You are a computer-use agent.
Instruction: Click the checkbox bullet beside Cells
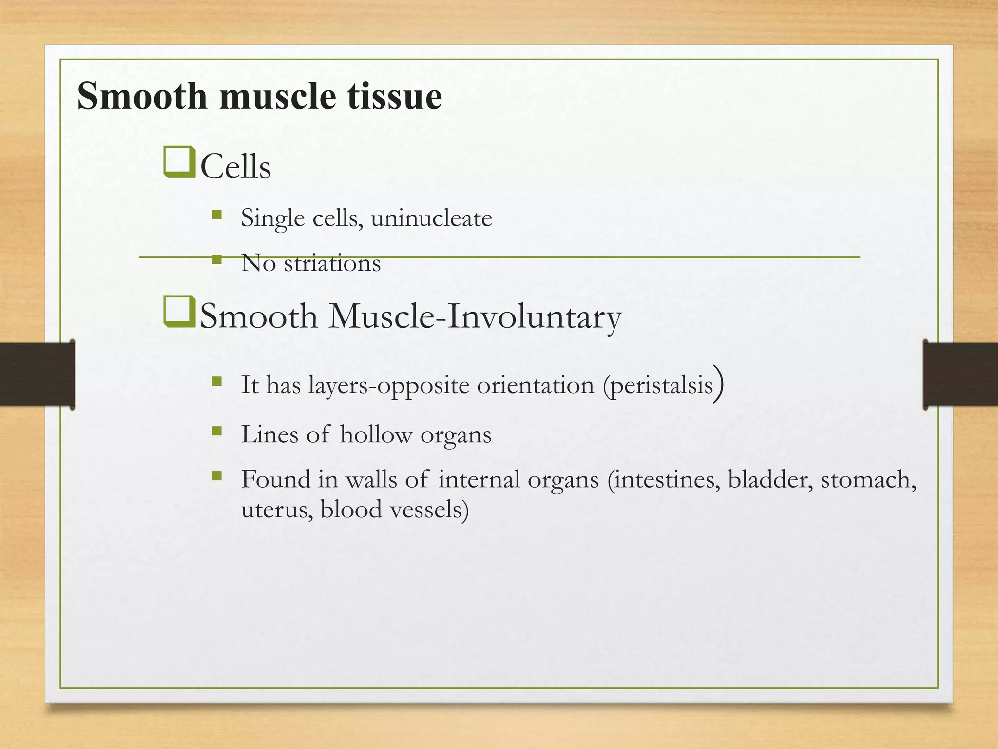coord(179,162)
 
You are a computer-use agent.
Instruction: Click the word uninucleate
coord(431,218)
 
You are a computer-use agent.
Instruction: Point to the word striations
coord(332,264)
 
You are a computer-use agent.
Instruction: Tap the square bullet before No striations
coord(217,259)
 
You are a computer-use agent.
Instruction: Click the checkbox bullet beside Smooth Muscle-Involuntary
coord(179,312)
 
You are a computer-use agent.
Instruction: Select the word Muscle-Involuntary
coord(475,317)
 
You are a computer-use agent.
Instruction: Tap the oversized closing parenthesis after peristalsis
coord(718,384)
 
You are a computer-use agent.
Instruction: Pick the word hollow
coord(376,434)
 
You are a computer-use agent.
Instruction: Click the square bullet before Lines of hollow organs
coord(217,431)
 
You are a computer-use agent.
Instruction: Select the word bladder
coord(770,479)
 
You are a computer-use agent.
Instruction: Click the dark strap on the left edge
coord(37,374)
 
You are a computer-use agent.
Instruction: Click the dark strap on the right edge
coord(960,374)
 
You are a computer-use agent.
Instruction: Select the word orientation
coord(535,385)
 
